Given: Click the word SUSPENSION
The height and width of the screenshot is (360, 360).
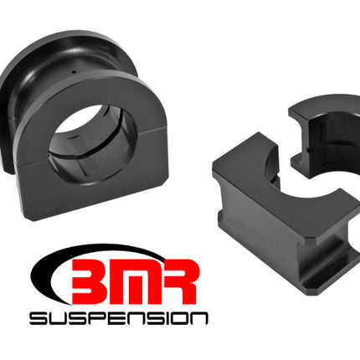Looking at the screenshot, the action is click(119, 318).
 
